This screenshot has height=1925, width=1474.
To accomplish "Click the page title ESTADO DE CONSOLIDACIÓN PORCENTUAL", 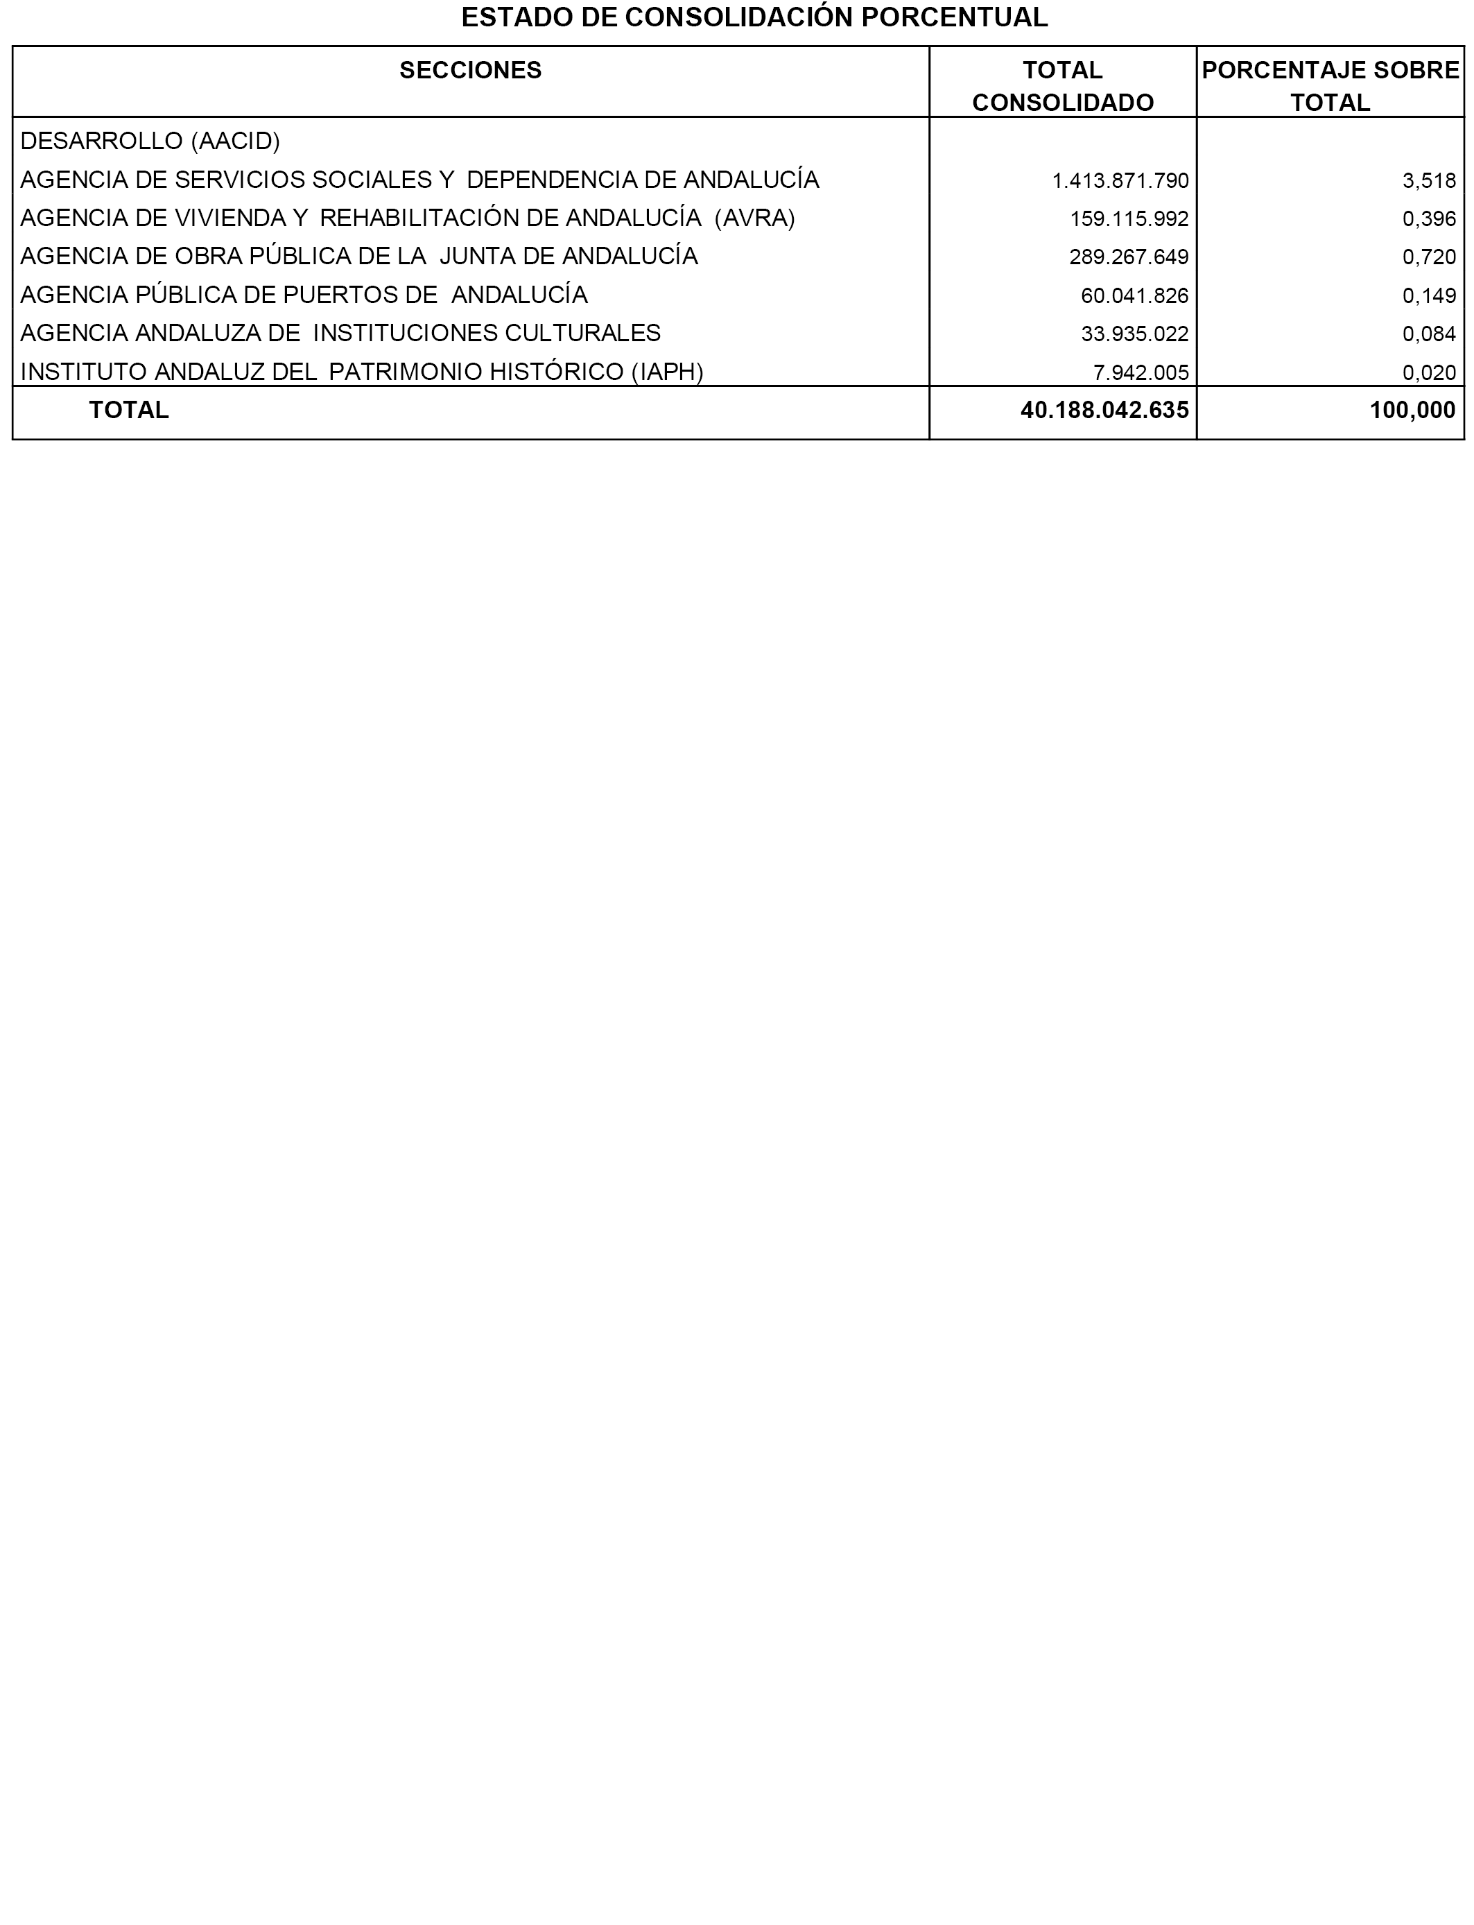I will [754, 17].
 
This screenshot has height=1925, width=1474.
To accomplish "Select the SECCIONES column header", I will [470, 70].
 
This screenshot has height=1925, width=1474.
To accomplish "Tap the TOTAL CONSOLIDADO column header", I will [1062, 86].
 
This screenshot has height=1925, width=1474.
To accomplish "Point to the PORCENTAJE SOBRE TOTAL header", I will [1330, 86].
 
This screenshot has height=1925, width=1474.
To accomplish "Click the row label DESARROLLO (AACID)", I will [150, 141].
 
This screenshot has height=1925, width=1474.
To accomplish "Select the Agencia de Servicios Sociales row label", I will [419, 180].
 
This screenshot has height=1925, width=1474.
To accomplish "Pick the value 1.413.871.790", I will [1120, 181].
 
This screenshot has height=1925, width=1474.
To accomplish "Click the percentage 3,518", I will [1428, 181].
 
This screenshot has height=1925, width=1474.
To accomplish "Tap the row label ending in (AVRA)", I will [407, 218].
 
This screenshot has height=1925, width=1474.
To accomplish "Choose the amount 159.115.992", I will [1128, 219].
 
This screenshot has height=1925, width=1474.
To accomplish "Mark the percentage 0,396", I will [1428, 219].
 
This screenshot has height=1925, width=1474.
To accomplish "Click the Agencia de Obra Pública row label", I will [359, 256].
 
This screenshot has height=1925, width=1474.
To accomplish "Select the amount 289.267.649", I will [1128, 257].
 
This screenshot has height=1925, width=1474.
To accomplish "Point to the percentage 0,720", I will [1428, 257].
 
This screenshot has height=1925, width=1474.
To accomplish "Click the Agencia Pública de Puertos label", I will [304, 295].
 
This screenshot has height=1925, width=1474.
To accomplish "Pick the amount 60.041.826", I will [1134, 295].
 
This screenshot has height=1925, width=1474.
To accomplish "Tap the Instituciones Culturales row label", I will [340, 334].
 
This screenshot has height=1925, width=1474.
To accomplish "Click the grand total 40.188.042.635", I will [1104, 410].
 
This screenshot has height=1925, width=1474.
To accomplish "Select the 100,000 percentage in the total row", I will [1412, 410].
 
